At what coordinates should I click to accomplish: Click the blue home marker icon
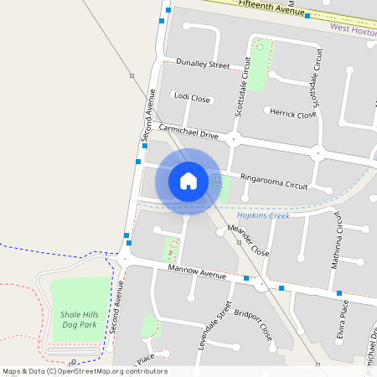[188, 180]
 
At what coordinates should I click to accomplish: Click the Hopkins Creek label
[259, 215]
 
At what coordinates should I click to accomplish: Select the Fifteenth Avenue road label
[271, 8]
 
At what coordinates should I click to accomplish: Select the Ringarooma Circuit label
[274, 180]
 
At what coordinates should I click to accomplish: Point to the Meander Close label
[248, 240]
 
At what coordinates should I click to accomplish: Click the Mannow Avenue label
[197, 274]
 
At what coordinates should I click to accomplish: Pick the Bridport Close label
[255, 328]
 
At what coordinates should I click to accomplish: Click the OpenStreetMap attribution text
[84, 371]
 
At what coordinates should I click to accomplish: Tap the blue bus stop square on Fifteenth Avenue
[307, 15]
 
